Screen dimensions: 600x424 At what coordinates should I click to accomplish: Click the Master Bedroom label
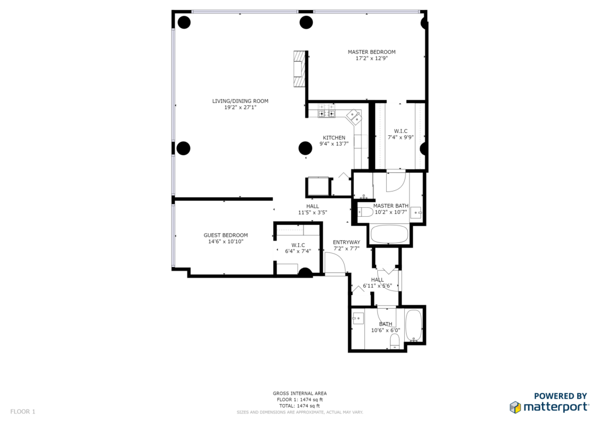pos(371,52)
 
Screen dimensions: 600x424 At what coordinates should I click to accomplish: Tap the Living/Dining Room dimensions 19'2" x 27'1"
pos(240,107)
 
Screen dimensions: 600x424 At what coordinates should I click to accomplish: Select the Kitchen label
pos(334,138)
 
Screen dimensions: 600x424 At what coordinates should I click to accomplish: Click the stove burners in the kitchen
pos(326,114)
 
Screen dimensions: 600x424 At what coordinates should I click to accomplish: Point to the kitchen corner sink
pos(354,117)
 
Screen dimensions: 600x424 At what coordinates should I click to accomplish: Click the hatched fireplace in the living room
pos(299,69)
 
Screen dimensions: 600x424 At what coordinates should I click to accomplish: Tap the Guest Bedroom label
pos(226,235)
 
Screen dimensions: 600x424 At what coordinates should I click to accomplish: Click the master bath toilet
pos(365,212)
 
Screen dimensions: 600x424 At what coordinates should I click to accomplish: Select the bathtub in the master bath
pos(389,234)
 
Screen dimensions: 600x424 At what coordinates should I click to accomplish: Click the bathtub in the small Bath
pos(413,326)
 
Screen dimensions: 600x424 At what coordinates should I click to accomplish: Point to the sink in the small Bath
pos(357,318)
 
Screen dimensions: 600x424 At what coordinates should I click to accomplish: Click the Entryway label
pos(346,242)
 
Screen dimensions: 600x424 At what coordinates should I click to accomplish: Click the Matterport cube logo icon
pos(515,407)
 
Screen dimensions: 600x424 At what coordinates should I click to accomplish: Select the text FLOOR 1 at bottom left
pos(23,411)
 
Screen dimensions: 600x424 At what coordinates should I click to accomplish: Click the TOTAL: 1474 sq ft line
pos(299,406)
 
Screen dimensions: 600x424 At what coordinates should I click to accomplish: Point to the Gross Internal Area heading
pos(299,393)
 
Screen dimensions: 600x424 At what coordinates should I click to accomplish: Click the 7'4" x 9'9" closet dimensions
pos(401,137)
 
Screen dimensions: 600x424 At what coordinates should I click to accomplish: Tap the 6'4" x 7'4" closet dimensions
pos(298,251)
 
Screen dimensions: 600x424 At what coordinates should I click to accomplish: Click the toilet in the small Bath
pos(394,341)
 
